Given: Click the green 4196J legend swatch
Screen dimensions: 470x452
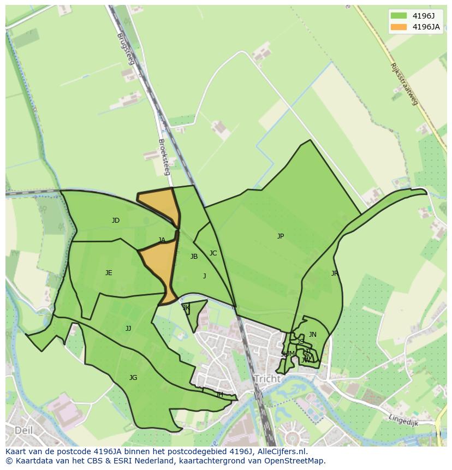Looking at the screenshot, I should click(399, 16).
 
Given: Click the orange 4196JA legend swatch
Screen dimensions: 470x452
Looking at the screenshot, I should click(399, 27).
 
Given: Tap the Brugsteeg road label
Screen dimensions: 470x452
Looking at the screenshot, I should click(126, 49).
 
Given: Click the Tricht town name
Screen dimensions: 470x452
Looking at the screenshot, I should click(267, 379).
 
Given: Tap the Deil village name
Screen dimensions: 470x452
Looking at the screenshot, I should click(23, 430).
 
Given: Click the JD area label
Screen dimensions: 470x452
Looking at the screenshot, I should click(116, 221).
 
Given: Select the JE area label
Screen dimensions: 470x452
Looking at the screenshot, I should click(109, 273).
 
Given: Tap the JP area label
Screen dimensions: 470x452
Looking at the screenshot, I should click(281, 236).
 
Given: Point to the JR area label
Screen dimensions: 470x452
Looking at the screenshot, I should click(335, 273).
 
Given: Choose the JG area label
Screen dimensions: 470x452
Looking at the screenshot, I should click(133, 378).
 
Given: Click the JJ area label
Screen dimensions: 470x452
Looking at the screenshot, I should click(128, 329).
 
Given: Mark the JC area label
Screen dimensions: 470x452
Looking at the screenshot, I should click(213, 253).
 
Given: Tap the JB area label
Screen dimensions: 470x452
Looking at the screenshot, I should click(194, 257).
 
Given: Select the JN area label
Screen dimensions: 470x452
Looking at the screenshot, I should click(313, 335).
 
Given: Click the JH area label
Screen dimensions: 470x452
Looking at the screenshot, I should click(219, 395).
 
